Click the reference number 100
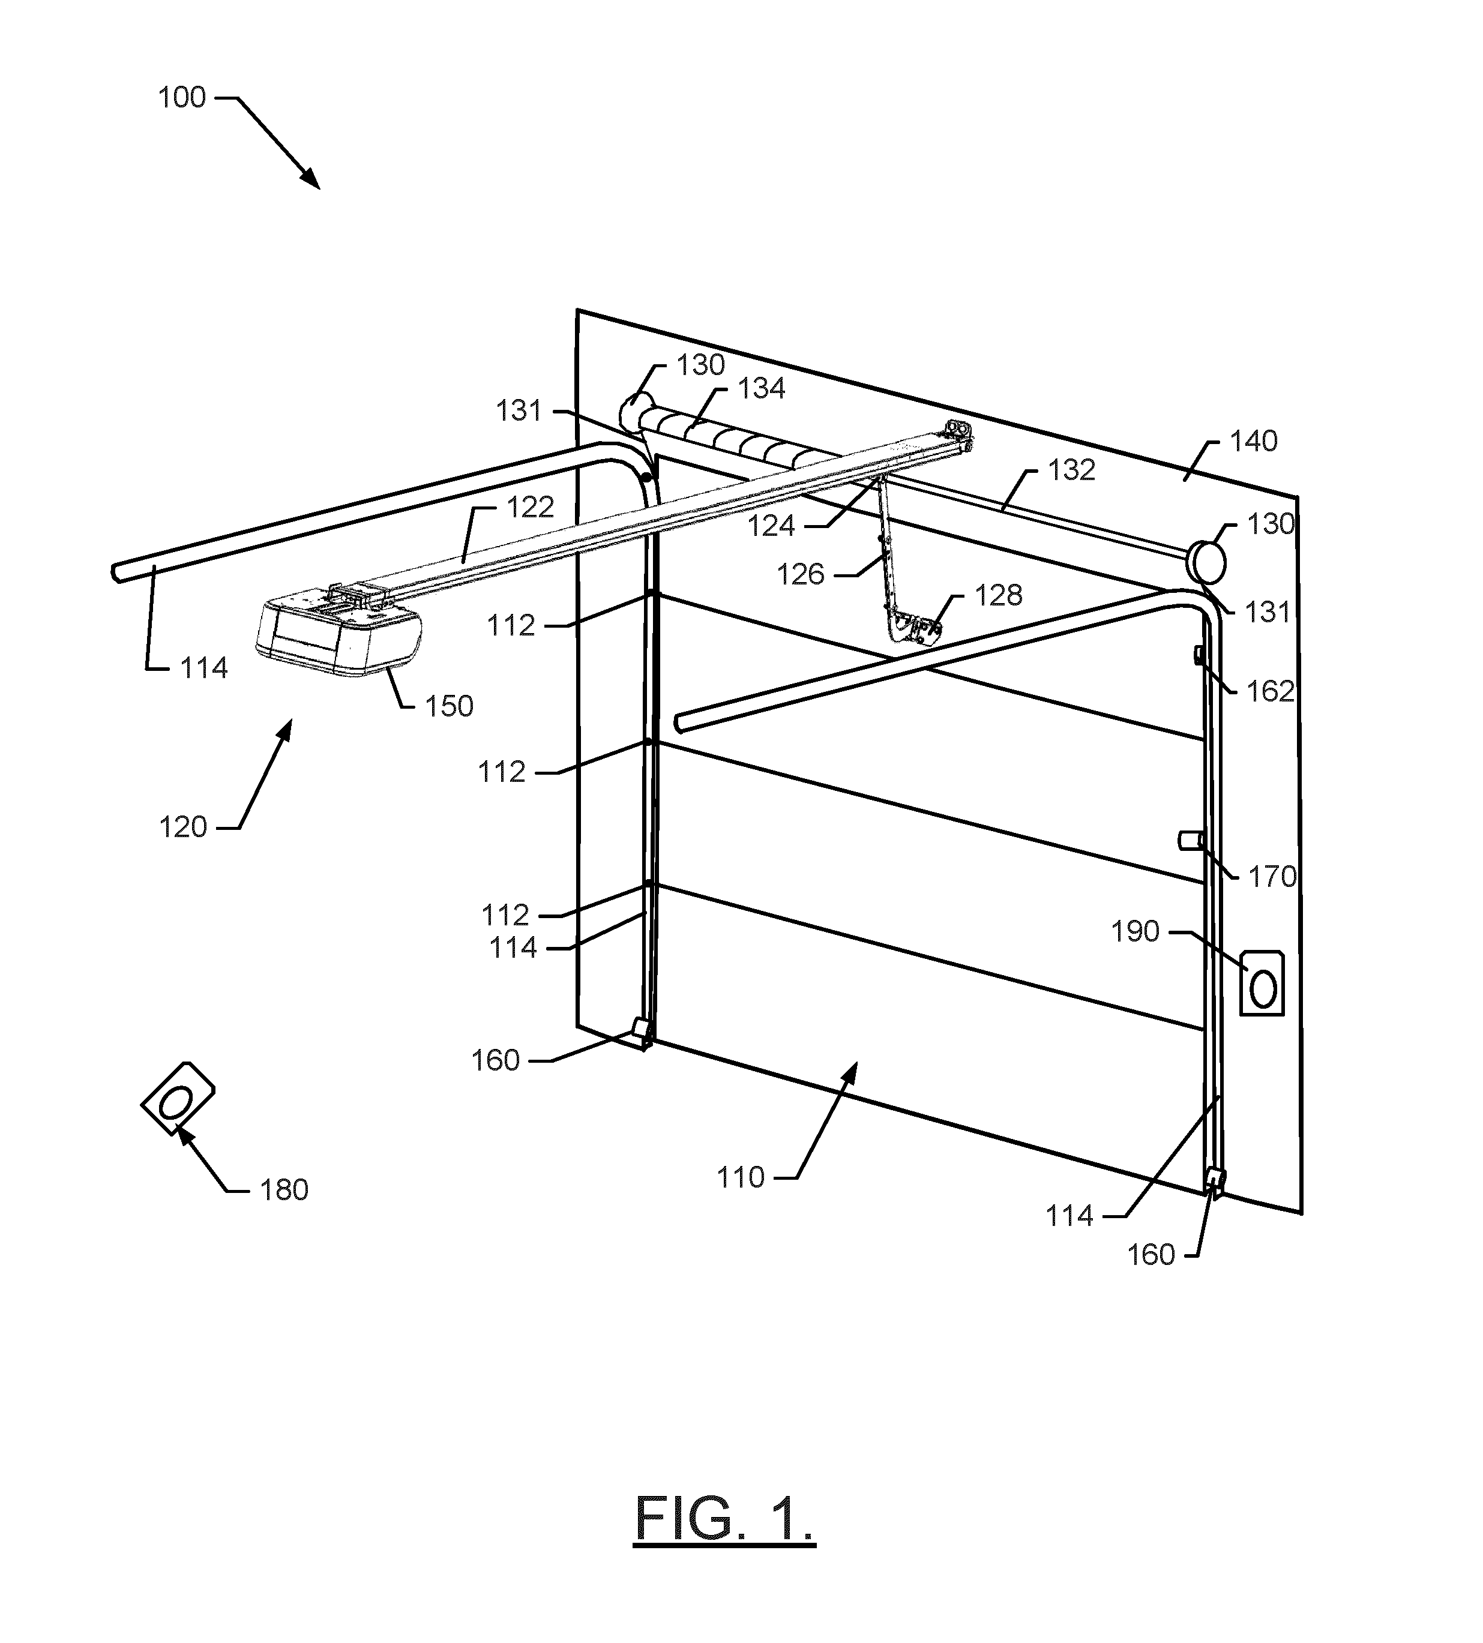(182, 98)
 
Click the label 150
(449, 706)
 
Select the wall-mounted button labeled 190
(1262, 982)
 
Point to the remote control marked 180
(178, 1099)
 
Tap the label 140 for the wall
(1253, 442)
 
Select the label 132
(1071, 470)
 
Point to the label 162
(1271, 691)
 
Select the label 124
(771, 527)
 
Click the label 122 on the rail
(531, 508)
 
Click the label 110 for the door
(741, 1178)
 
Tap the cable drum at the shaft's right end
(1206, 561)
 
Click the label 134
(761, 389)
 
